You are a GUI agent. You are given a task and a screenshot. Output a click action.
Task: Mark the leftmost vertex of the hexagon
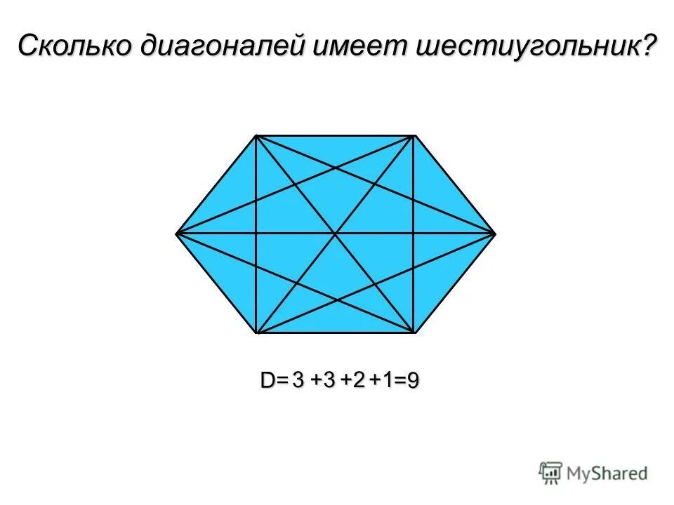(x=176, y=232)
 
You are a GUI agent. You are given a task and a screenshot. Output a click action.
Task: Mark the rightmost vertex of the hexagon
(x=496, y=232)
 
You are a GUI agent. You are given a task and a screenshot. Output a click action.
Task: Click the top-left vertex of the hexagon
(x=256, y=135)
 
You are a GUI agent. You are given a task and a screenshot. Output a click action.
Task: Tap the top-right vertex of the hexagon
(x=415, y=135)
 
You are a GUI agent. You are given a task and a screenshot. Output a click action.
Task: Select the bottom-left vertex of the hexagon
(x=256, y=332)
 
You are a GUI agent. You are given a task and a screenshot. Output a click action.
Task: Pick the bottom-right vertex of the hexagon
(x=415, y=332)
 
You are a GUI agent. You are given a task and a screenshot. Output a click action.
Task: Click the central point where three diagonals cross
(x=336, y=232)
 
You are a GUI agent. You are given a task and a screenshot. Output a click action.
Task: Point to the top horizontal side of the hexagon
(x=336, y=135)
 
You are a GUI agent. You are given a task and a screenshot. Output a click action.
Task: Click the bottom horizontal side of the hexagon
(x=336, y=332)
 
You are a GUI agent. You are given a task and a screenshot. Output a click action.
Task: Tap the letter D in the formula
(x=268, y=381)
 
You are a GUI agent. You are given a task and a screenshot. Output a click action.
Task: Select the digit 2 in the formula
(x=359, y=380)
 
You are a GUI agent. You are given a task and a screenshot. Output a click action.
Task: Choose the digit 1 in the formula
(x=387, y=380)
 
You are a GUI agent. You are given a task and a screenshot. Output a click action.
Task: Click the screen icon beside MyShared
(x=551, y=473)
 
